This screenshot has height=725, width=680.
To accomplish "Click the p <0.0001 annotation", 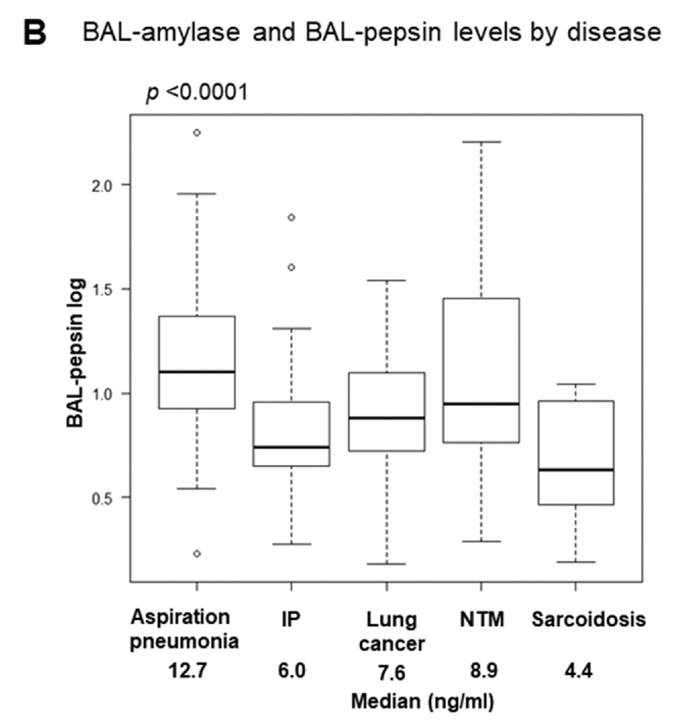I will (x=197, y=93).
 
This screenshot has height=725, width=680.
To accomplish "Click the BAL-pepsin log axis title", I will (x=75, y=353).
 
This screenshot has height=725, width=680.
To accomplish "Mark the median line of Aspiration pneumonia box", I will (x=197, y=371).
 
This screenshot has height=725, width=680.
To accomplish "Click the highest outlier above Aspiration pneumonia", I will (x=197, y=133).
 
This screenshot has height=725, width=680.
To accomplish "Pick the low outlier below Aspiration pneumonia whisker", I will (x=197, y=553).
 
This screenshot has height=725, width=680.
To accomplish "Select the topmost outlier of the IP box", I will (x=291, y=217).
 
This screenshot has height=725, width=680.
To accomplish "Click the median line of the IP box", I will (x=291, y=447).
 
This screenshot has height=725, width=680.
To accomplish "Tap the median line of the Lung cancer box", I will (x=387, y=418).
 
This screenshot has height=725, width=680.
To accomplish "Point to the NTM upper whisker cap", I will (x=481, y=142).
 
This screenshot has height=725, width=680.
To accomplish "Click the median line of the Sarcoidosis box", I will (x=576, y=470).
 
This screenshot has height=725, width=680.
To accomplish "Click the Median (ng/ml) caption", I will (x=423, y=701).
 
